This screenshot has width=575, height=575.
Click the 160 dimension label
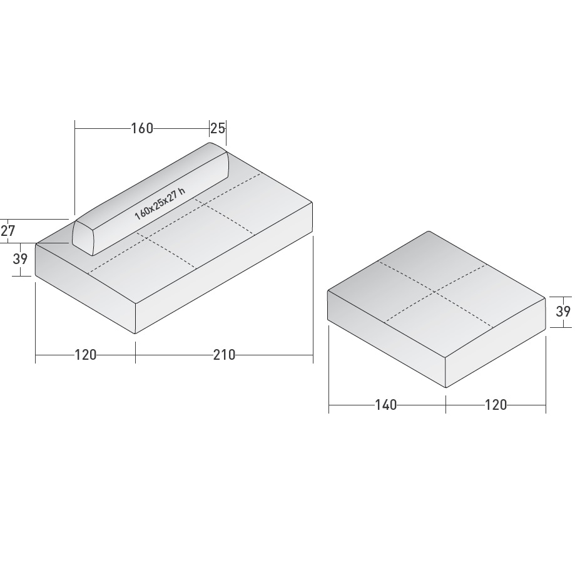142,128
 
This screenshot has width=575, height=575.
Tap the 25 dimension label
217,128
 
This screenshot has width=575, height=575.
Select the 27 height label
8,231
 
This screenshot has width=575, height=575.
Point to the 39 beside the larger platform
21,258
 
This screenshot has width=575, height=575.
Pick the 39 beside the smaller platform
563,311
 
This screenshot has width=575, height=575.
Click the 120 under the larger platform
86,355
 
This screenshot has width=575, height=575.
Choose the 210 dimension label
224,355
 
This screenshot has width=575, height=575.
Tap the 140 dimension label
386,405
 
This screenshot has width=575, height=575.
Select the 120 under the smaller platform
496,405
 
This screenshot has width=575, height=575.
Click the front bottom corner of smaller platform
446,388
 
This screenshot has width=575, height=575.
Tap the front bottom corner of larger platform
135,333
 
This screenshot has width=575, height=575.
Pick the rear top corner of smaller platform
429,232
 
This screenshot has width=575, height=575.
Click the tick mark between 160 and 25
210,128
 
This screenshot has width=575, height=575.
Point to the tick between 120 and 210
135,355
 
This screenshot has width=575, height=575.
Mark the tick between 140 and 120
446,405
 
